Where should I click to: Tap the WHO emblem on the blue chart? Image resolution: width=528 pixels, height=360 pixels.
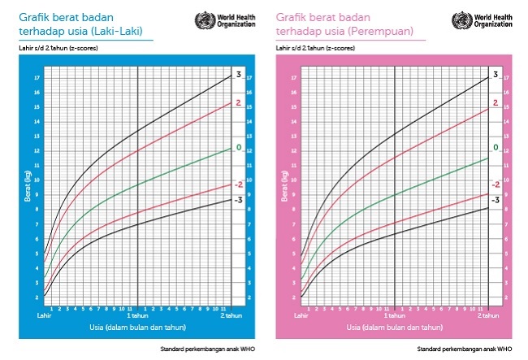tap(203, 20)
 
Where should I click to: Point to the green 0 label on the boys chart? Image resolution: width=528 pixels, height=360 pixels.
tap(239, 147)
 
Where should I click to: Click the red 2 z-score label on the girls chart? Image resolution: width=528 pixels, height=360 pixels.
tap(495, 104)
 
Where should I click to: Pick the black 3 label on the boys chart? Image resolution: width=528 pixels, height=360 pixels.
tap(239, 75)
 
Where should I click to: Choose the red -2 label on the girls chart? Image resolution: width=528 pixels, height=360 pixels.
tap(496, 184)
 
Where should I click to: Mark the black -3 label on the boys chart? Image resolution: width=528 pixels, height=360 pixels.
tap(238, 199)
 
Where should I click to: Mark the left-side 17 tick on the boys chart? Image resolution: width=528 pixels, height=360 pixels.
tap(37, 78)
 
